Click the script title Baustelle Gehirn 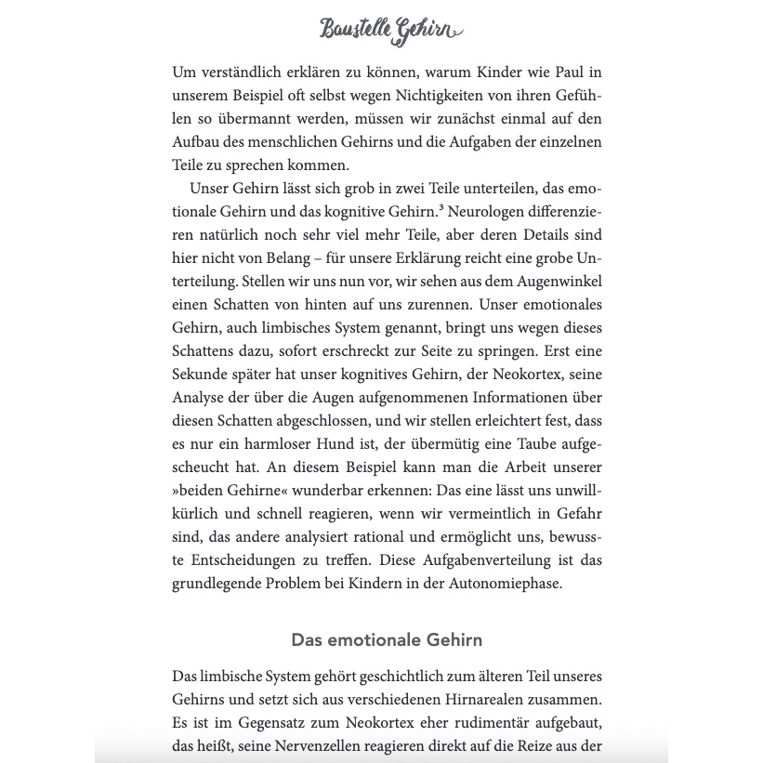click(x=389, y=31)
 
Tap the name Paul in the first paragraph click(x=544, y=72)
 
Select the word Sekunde click(x=198, y=374)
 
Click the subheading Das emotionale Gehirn click(x=387, y=640)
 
